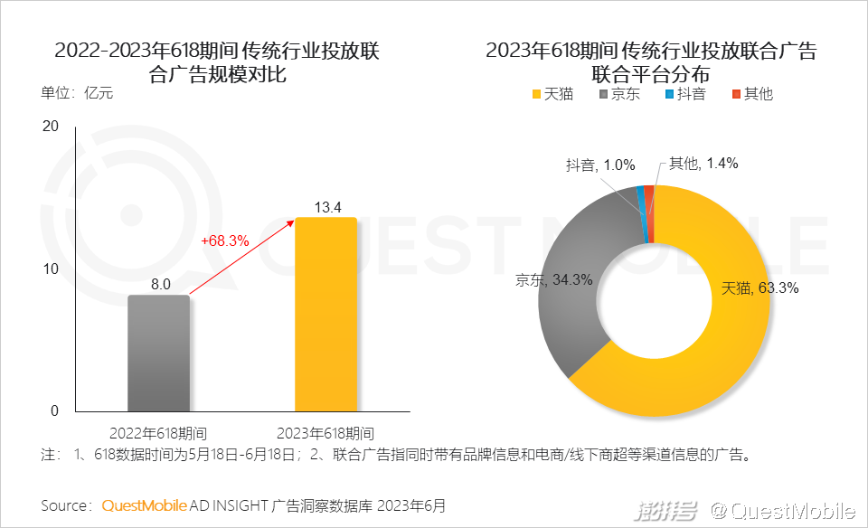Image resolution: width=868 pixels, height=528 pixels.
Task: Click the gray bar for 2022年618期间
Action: coord(159,353)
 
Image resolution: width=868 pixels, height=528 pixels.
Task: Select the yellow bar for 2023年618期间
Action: coord(326,314)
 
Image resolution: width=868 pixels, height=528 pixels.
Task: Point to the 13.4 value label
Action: coord(327,208)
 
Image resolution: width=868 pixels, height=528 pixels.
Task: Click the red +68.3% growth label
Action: coord(224,240)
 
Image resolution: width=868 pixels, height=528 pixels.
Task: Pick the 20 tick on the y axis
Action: coord(51,127)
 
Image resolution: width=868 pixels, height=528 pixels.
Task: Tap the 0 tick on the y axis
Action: coord(54,411)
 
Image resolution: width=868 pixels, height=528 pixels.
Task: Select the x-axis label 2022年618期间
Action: coord(158,432)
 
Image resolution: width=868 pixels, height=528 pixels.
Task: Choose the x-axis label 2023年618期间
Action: coord(326,432)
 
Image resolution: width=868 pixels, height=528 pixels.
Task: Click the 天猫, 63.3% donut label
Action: coord(759,289)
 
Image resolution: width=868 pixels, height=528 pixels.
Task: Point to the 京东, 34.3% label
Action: coord(554,280)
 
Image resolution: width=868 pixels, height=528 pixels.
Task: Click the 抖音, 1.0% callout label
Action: coord(600,165)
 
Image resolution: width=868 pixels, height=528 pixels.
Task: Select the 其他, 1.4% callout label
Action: coord(703,164)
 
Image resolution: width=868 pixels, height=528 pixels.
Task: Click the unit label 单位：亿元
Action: coord(77,93)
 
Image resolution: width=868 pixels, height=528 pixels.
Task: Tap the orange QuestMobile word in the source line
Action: coord(145,504)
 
